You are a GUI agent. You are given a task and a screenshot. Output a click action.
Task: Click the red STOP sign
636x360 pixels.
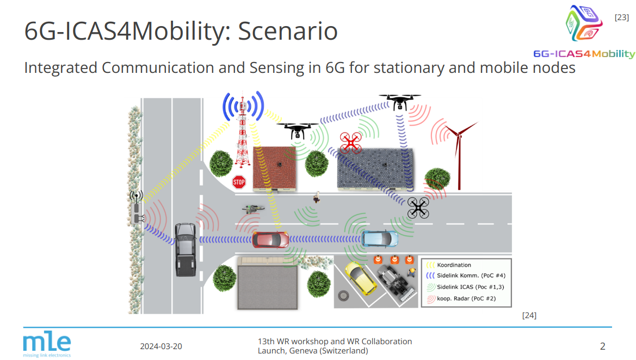239,182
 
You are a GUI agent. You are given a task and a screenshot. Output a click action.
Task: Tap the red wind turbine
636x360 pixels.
459,156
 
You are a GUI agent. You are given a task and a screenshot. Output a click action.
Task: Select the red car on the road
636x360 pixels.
270,239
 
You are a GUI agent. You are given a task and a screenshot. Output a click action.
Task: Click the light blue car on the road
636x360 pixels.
380,239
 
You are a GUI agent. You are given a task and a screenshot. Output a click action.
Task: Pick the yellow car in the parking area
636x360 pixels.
360,278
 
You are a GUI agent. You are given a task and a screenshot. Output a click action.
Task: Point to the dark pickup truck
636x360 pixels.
186,249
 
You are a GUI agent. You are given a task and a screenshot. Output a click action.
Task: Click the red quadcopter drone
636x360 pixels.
350,142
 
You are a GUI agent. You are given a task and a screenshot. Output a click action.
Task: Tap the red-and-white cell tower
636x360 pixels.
243,132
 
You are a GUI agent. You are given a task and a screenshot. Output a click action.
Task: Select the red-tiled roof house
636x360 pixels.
275,168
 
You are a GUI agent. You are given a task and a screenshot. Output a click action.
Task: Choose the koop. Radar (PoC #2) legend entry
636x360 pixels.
461,299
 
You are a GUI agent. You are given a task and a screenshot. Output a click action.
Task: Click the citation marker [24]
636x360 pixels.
529,315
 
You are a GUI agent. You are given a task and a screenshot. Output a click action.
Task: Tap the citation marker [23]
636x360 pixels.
622,17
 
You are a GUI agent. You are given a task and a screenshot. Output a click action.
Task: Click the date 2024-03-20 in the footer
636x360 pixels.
161,346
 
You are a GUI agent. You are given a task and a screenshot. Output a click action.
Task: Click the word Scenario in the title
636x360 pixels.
288,31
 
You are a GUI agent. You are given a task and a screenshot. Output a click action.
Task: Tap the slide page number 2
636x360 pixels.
603,346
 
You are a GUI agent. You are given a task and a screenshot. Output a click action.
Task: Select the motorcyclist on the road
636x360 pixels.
253,209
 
